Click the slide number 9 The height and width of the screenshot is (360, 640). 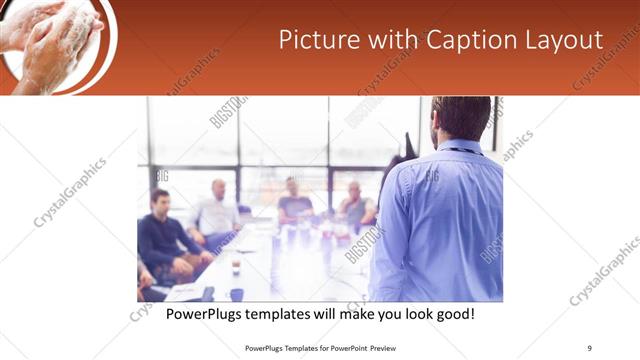(x=590, y=347)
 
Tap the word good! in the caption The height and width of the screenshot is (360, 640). (x=454, y=314)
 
